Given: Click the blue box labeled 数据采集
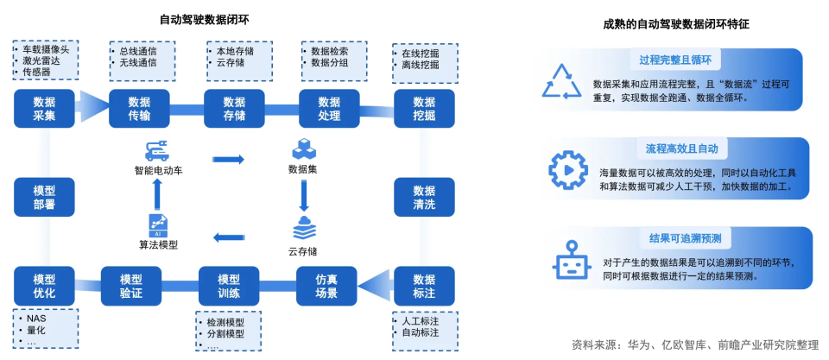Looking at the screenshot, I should coord(44,109).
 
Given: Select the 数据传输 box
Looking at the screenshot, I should coord(138,109).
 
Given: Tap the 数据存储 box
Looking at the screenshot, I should coord(233,109).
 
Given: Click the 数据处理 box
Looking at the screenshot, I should coord(328,109).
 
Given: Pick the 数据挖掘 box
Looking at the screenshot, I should coord(423,109).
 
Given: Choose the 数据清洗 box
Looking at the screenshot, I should coord(423,198).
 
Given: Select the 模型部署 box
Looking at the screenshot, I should coord(44,198).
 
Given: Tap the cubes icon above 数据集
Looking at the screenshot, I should coord(304,148).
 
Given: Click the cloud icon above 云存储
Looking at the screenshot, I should coord(304,230).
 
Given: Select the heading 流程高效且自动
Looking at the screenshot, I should coord(681,148).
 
